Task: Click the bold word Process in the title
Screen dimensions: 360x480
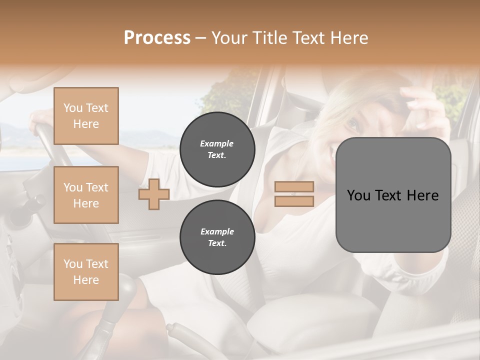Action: tap(157, 38)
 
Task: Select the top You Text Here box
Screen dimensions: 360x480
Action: tap(86, 116)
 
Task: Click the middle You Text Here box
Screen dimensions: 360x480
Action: tap(86, 195)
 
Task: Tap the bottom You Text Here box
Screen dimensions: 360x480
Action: tap(86, 272)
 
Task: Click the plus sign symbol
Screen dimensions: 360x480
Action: tap(154, 194)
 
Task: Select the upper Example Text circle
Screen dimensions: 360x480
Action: tap(217, 149)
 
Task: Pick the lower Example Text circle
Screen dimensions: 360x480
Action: tap(217, 237)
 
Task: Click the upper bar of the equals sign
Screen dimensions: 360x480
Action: tap(294, 187)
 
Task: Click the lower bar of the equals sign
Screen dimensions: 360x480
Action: tap(294, 201)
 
